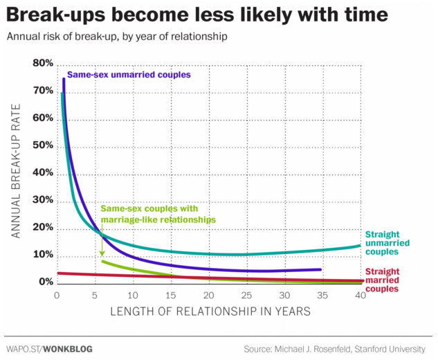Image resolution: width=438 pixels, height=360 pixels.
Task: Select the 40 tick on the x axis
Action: (359, 294)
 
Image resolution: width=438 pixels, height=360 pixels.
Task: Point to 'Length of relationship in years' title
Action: (210, 312)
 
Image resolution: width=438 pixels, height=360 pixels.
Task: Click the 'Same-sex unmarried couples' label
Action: (128, 75)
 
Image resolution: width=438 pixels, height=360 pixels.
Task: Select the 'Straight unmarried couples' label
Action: (386, 242)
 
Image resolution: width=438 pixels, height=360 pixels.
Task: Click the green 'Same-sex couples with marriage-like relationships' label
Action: (158, 213)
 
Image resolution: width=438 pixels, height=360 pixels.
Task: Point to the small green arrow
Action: (102, 242)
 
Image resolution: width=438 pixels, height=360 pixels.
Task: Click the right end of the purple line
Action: (320, 269)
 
